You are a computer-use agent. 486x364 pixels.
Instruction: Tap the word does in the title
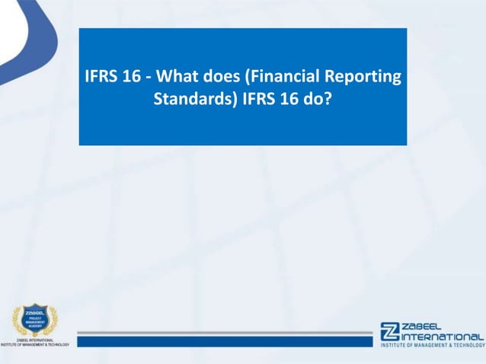coord(227,78)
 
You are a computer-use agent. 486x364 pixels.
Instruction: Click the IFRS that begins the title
coord(101,78)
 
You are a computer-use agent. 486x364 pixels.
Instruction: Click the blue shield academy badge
coord(34,319)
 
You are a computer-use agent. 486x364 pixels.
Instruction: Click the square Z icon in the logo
coord(390,332)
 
